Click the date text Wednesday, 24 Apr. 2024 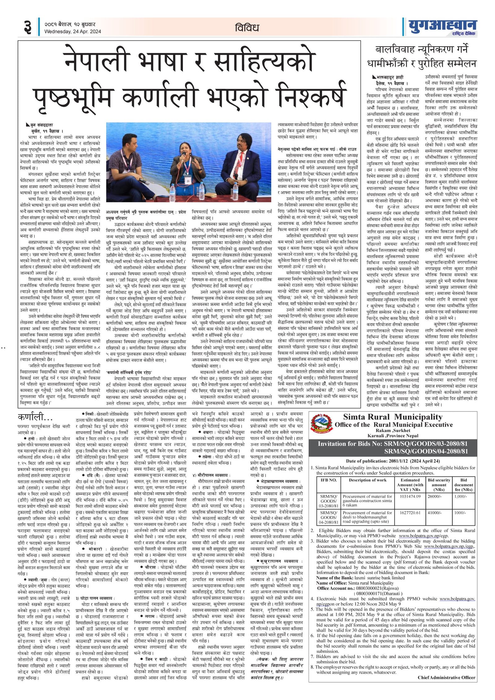pos(72,32)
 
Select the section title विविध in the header pos(247,28)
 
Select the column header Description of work pos(368,480)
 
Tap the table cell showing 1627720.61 pos(410,513)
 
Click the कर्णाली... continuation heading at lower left pos(35,418)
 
